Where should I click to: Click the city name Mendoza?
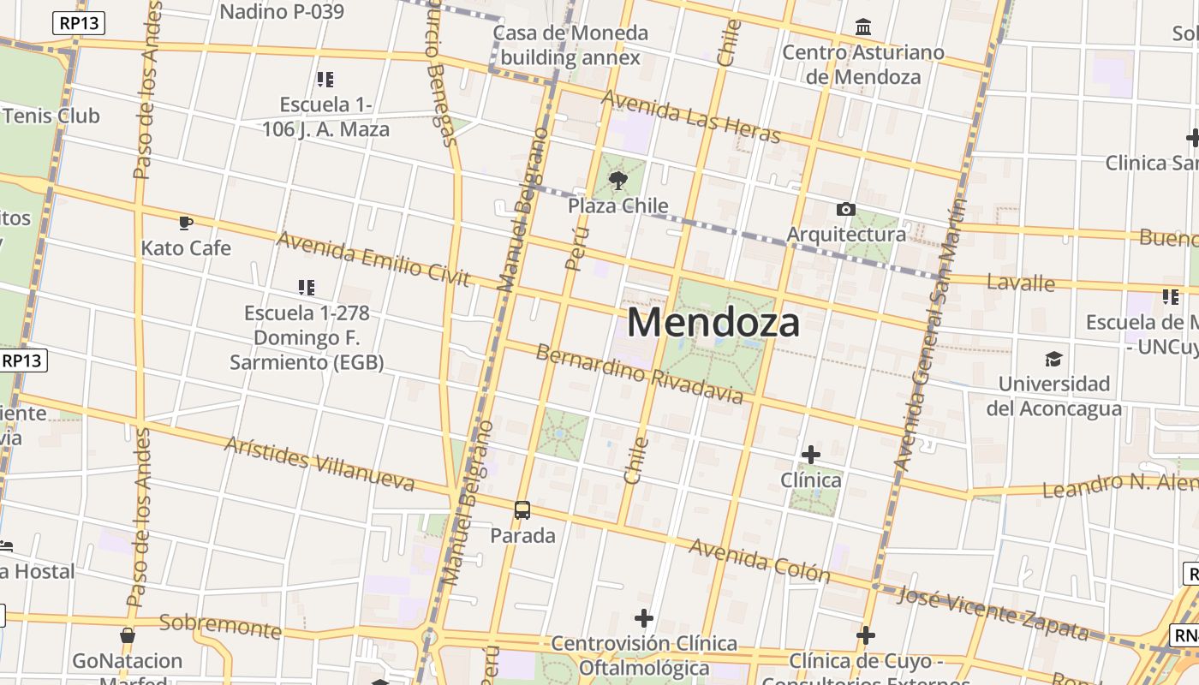[x=713, y=323]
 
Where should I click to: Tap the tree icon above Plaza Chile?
[x=617, y=180]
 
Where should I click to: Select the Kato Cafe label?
[x=186, y=248]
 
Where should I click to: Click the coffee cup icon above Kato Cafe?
[x=186, y=223]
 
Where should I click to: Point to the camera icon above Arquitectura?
[x=845, y=210]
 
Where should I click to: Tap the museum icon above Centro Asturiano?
[x=863, y=27]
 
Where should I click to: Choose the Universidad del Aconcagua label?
[x=1053, y=396]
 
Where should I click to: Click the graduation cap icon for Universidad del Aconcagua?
[x=1053, y=359]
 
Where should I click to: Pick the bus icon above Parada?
[x=522, y=510]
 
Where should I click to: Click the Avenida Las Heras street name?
[x=690, y=117]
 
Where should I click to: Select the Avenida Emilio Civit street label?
[x=373, y=259]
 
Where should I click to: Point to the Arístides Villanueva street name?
[x=319, y=463]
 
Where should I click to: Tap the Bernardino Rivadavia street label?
[x=639, y=373]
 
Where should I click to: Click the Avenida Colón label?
[x=760, y=560]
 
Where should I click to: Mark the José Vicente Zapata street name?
[x=993, y=613]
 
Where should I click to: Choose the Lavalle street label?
[x=1020, y=282]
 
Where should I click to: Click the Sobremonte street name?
[x=220, y=626]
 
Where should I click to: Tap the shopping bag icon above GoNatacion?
[x=128, y=635]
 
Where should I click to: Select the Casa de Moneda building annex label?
[x=570, y=45]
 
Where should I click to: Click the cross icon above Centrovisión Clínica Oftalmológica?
[x=644, y=618]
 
